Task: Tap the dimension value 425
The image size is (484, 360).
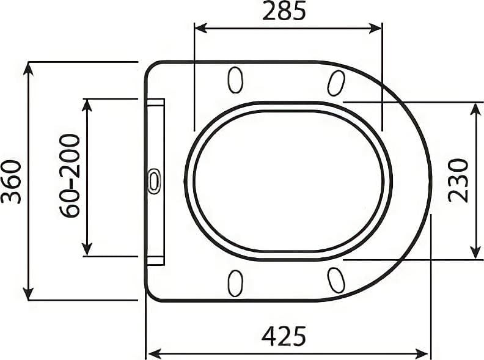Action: [x=284, y=336]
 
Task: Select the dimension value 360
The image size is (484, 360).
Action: [x=11, y=182]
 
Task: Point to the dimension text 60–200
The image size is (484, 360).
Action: [x=70, y=176]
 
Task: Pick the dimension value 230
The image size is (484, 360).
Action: [x=458, y=181]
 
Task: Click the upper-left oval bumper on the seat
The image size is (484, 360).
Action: [x=235, y=79]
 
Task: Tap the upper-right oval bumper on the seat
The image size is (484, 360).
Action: [x=336, y=83]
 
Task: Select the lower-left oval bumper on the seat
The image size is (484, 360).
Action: [x=235, y=283]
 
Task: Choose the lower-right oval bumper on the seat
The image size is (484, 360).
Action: [x=336, y=280]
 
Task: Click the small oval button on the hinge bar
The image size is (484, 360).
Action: [x=154, y=181]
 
